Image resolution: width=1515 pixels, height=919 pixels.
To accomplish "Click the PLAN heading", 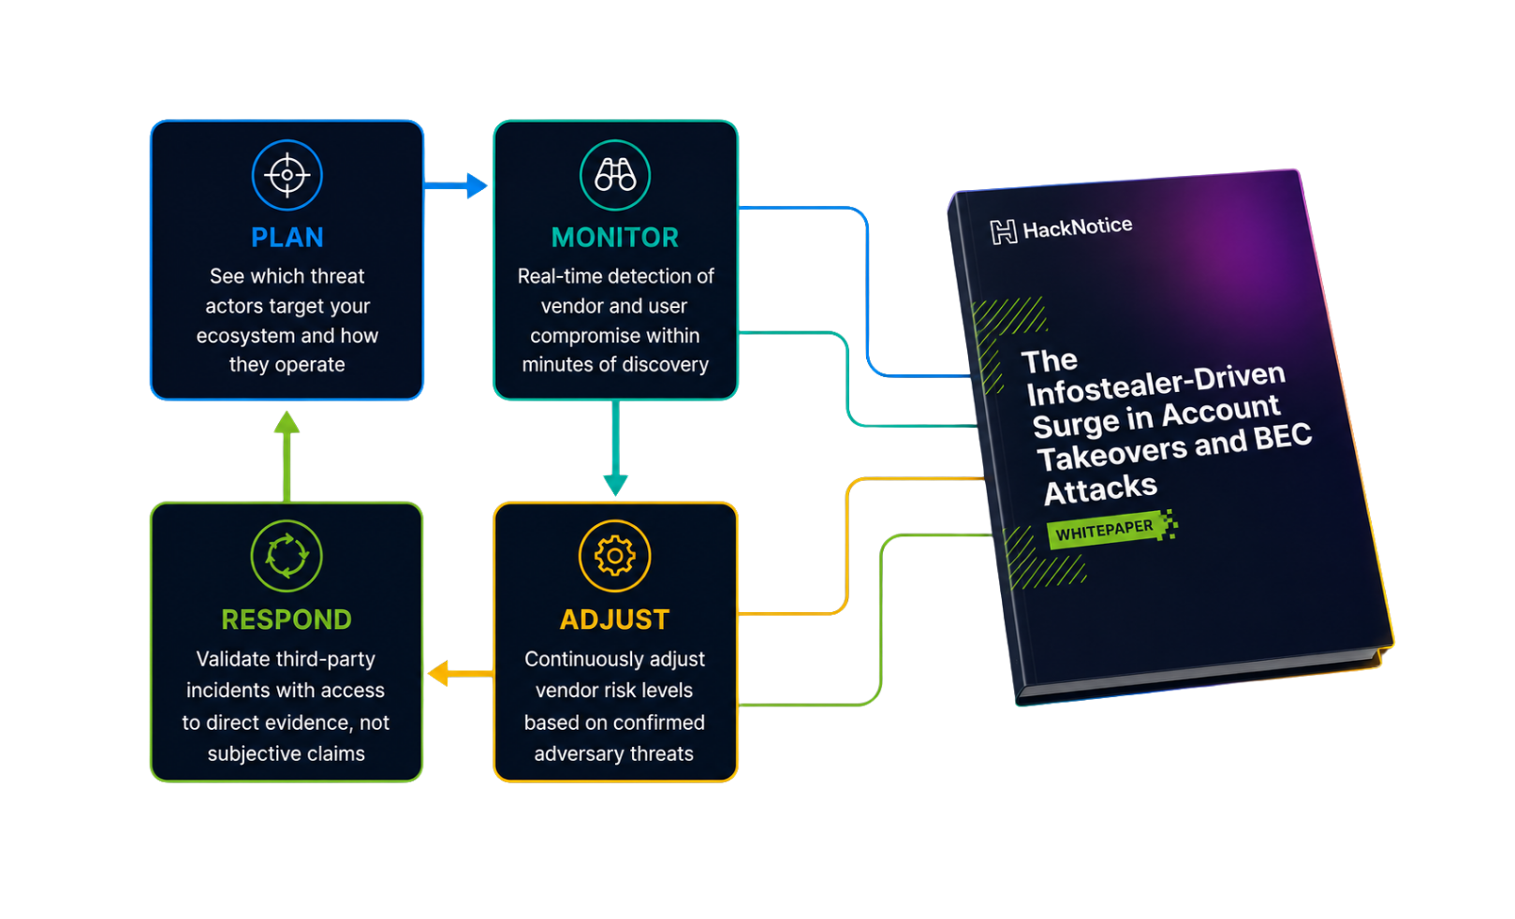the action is [x=287, y=237].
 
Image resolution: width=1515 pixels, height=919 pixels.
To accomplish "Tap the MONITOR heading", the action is [x=615, y=237].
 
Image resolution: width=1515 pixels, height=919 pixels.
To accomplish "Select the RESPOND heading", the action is [x=287, y=620].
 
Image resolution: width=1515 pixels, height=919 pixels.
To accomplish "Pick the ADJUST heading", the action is [x=615, y=620].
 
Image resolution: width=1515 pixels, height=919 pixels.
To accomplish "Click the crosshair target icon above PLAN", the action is [x=287, y=175].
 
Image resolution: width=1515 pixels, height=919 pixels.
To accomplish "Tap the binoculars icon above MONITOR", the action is [x=615, y=175].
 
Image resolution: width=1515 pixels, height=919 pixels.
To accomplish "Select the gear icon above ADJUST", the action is [x=615, y=556].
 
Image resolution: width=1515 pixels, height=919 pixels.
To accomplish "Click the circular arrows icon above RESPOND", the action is [x=287, y=556].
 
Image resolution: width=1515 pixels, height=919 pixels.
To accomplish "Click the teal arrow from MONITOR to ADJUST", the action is [x=615, y=448].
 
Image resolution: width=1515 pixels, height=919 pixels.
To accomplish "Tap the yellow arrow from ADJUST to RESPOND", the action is [x=461, y=673].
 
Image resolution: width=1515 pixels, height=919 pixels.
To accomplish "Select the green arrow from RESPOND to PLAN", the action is [x=287, y=456].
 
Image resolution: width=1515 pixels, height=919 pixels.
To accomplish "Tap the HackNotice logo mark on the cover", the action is [x=1004, y=232].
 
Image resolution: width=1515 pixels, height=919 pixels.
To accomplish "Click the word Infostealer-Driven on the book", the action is [x=1155, y=384].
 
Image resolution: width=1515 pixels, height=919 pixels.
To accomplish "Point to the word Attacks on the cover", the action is [x=1100, y=489].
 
